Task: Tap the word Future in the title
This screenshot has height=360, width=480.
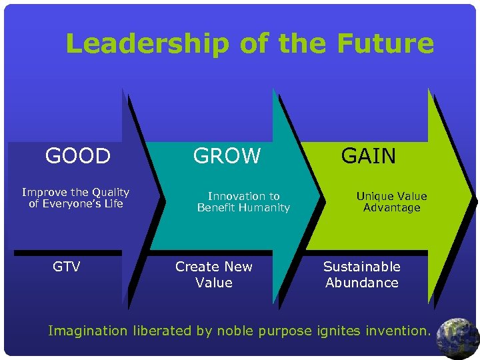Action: click(x=385, y=44)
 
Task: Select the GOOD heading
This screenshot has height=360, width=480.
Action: click(x=77, y=156)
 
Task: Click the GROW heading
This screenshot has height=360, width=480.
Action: click(x=227, y=156)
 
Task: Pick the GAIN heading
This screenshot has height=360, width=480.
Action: click(x=369, y=156)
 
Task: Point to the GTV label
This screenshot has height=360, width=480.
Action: click(x=67, y=267)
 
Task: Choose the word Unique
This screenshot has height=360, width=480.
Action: click(x=373, y=196)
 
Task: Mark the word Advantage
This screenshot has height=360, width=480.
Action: click(x=391, y=207)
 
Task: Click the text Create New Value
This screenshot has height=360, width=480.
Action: click(x=214, y=275)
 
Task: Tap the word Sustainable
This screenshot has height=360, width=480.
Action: click(x=361, y=267)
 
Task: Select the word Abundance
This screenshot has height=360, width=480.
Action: click(x=361, y=283)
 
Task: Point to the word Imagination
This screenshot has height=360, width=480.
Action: click(x=87, y=331)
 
